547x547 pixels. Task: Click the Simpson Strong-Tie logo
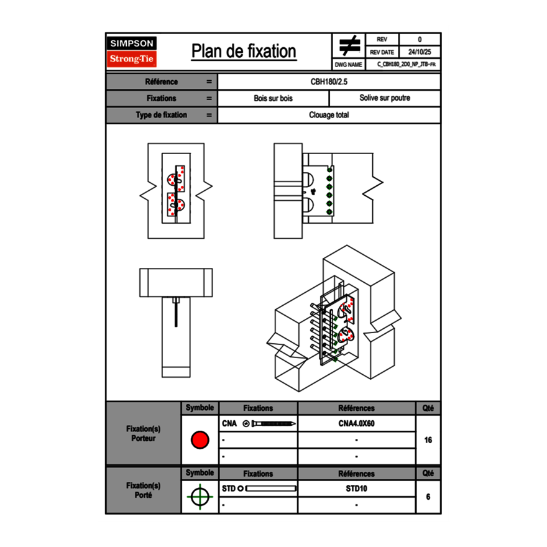[132, 52]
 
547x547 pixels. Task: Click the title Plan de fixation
[244, 52]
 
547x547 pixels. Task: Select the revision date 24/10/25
[420, 52]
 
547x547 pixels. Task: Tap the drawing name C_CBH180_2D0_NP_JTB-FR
[406, 64]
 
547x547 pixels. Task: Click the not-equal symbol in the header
[349, 46]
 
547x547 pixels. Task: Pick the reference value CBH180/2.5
[329, 82]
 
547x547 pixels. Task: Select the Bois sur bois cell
[273, 98]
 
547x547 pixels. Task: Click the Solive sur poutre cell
[385, 98]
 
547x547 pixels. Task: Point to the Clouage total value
[329, 115]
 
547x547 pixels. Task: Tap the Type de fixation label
[161, 115]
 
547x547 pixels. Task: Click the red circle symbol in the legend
[200, 440]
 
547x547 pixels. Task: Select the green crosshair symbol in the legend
[200, 497]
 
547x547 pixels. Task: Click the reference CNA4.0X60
[356, 423]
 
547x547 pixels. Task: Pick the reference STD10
[356, 489]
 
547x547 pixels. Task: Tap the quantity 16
[428, 440]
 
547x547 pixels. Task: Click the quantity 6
[428, 497]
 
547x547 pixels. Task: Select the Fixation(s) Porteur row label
[143, 433]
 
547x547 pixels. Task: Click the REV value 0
[420, 40]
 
